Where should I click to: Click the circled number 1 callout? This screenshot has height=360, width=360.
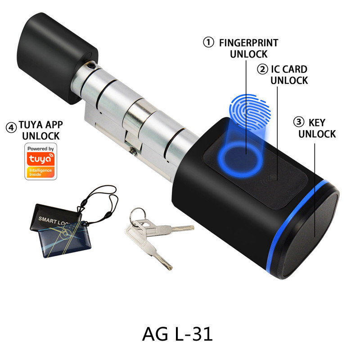(x=208, y=43)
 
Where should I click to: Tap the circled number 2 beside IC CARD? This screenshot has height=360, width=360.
(x=262, y=69)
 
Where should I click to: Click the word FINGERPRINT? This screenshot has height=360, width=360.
(x=248, y=43)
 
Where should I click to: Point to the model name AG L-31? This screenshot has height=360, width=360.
(x=177, y=334)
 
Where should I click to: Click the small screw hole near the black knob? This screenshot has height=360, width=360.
(x=92, y=66)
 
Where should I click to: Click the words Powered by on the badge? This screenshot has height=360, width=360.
(x=40, y=148)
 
